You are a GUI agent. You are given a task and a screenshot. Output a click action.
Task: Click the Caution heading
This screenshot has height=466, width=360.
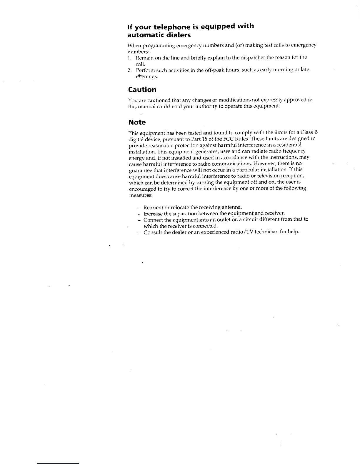click(142, 89)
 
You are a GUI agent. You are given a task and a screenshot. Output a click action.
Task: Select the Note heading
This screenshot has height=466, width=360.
click(137, 122)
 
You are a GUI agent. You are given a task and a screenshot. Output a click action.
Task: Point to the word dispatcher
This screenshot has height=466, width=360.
click(253, 57)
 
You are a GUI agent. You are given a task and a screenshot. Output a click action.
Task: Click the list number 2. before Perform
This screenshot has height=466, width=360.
click(129, 70)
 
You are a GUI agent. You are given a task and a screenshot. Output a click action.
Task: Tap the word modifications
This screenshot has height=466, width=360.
click(234, 100)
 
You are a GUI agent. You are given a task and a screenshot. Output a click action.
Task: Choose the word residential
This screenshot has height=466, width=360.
click(289, 145)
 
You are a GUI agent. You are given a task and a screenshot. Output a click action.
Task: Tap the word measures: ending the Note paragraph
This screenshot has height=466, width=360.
click(141, 195)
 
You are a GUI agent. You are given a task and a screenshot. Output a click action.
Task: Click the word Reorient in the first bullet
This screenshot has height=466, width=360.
click(153, 207)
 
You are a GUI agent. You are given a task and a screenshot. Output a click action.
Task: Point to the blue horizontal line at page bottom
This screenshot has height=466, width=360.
click(58, 463)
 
